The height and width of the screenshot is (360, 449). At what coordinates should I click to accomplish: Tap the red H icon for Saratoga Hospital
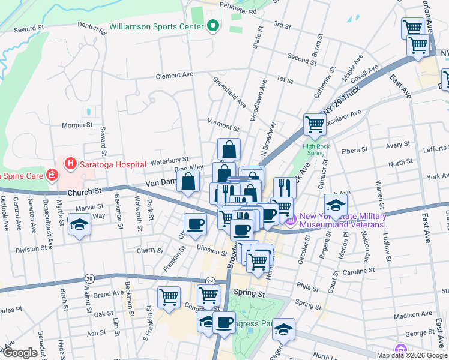point(71,164)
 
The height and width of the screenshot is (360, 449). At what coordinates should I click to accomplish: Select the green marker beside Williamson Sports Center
point(212,26)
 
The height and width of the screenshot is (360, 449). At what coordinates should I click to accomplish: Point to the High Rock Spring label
point(318,149)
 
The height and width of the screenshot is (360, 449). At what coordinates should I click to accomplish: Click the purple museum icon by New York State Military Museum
point(291,221)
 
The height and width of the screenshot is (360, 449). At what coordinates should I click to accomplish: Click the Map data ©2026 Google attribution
point(412,355)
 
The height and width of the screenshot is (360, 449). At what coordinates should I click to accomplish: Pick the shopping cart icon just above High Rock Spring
point(315,125)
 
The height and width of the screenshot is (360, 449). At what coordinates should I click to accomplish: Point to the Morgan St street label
point(77,126)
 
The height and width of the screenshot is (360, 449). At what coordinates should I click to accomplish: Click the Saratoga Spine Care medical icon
point(53,175)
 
